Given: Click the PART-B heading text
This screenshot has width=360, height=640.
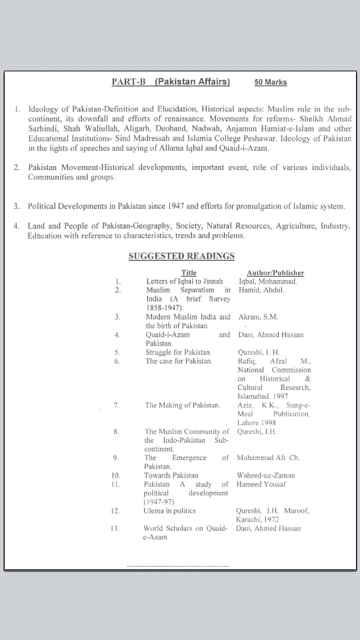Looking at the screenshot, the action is click(171, 82).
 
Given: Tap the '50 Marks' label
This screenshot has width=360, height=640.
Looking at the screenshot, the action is click(270, 83).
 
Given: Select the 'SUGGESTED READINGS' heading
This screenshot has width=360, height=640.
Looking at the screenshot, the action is click(181, 256).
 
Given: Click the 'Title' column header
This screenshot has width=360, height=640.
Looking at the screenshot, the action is click(189, 273).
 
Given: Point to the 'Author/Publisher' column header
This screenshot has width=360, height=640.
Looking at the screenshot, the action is click(275, 273).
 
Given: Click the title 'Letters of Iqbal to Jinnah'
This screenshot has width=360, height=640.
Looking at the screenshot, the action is click(184, 281).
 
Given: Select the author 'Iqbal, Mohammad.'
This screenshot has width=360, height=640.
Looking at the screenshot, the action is click(267, 281).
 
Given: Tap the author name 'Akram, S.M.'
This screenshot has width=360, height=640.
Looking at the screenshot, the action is click(258, 317).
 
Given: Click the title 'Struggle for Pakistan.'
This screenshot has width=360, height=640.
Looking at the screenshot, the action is click(179, 352).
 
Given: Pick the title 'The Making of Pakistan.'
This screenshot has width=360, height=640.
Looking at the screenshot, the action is click(182, 405).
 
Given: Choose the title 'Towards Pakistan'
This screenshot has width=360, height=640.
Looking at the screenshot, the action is click(171, 475).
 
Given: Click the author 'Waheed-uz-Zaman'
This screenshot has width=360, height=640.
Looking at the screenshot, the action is click(266, 475).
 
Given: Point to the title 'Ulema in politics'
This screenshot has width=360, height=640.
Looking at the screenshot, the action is click(169, 511).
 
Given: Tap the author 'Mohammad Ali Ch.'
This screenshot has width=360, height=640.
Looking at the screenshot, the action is click(269, 458).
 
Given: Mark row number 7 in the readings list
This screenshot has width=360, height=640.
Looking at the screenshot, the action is click(117, 405).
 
